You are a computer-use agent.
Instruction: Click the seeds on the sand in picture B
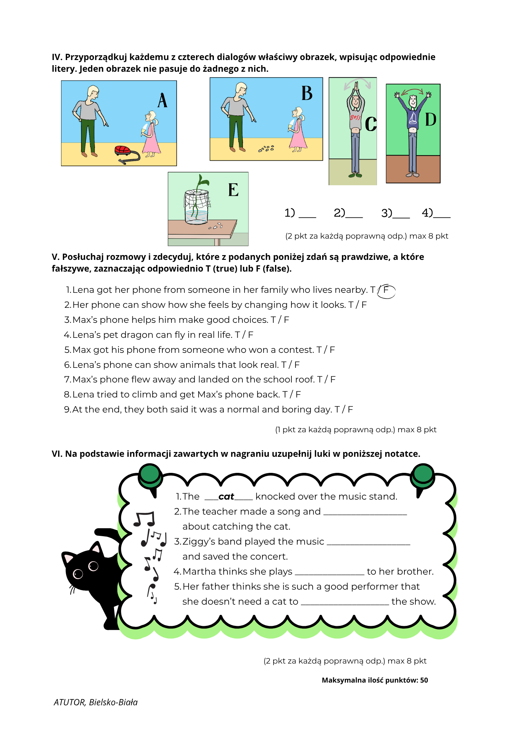pos(266,149)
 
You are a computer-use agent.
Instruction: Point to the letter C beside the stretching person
pos(371,124)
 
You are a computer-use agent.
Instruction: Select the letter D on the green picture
pos(431,119)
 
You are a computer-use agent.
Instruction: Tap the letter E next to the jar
pos(233,190)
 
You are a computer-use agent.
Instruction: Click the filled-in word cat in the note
pos(226,497)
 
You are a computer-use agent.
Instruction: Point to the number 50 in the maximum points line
pos(424,680)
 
